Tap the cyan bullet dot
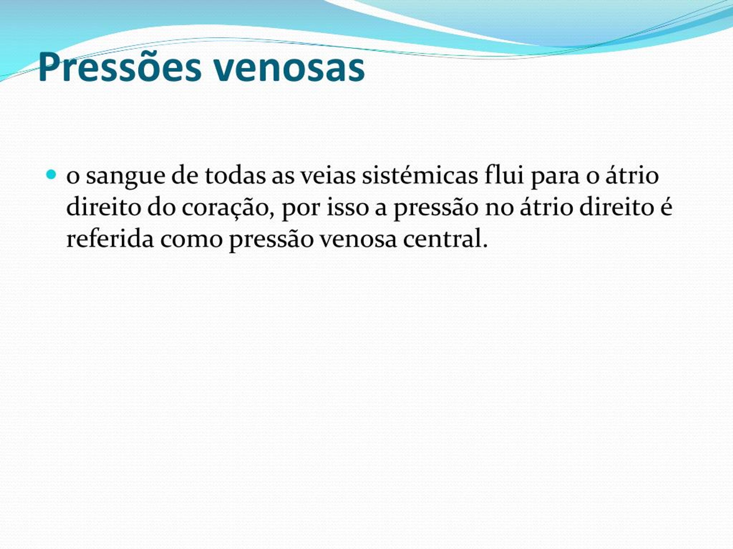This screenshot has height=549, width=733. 51,174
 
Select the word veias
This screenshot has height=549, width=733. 327,175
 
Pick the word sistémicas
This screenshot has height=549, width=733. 420,175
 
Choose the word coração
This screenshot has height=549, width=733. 228,208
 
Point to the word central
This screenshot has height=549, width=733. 445,238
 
